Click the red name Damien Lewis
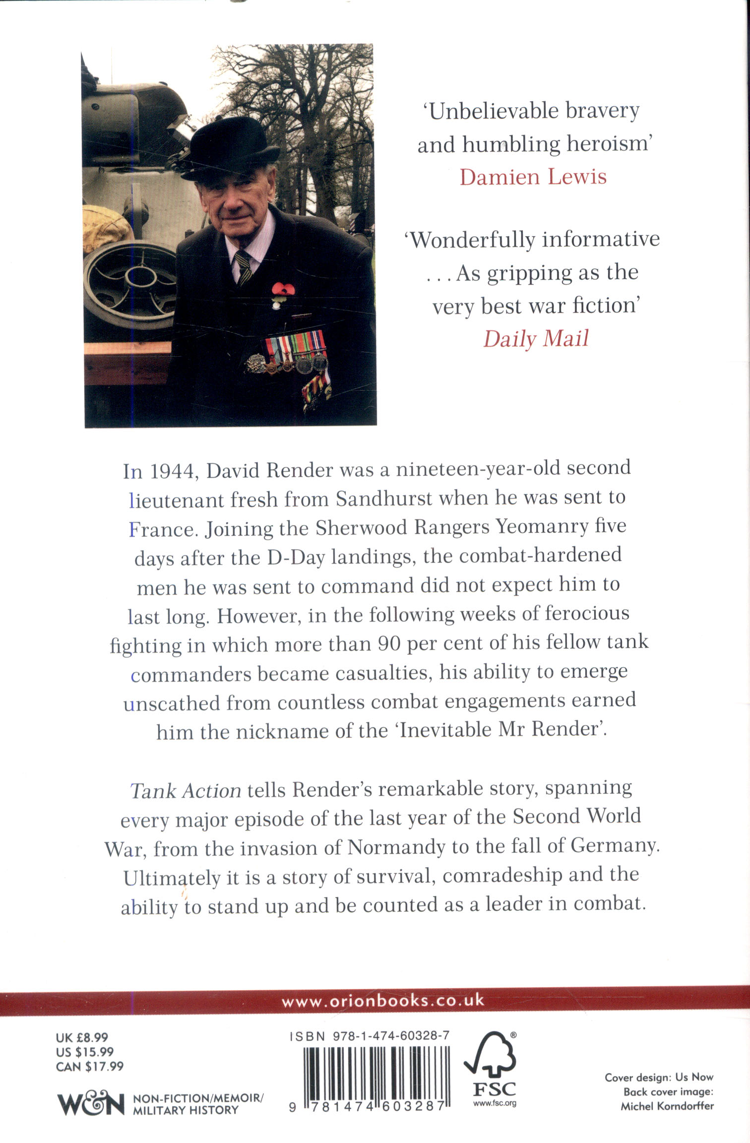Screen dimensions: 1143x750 [x=533, y=177]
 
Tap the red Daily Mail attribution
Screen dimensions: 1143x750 [x=536, y=339]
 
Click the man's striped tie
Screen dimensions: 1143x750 [x=244, y=267]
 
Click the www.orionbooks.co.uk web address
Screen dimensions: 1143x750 [x=382, y=1001]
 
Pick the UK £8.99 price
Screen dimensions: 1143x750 [x=82, y=1037]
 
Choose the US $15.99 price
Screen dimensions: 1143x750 [x=85, y=1052]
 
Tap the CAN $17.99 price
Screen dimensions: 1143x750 [x=90, y=1066]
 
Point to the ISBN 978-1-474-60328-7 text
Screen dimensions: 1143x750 [x=369, y=1036]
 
